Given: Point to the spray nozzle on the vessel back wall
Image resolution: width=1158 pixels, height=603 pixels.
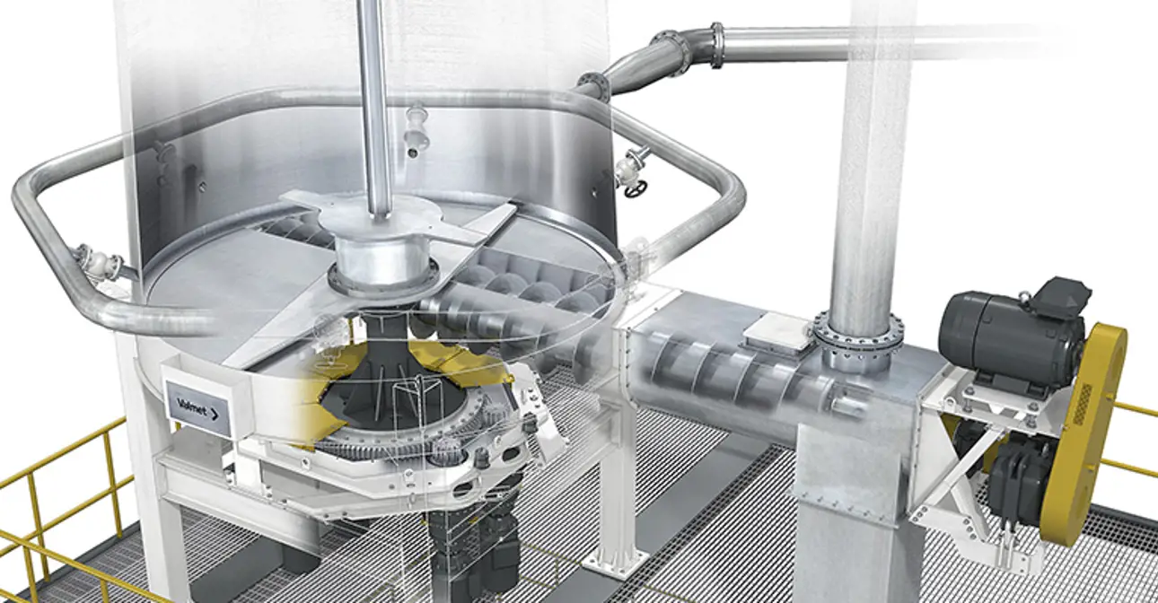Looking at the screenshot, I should click(x=416, y=126).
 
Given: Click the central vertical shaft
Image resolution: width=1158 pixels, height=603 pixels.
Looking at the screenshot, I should click(x=375, y=108).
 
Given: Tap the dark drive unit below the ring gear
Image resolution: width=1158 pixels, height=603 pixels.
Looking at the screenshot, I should click(x=471, y=547).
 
